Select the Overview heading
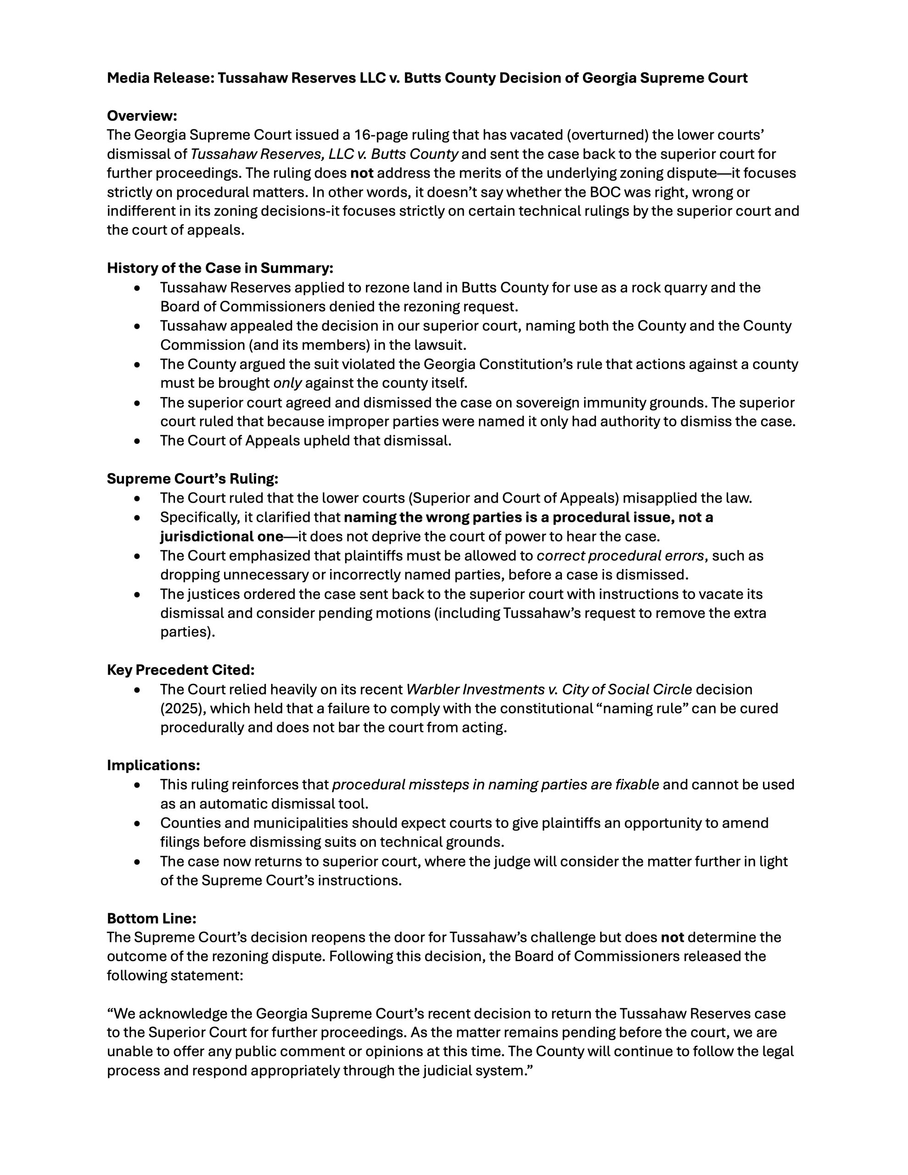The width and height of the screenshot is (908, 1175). (x=141, y=116)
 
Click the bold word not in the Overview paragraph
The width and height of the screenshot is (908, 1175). (x=362, y=173)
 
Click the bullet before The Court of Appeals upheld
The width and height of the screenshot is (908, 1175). (x=138, y=441)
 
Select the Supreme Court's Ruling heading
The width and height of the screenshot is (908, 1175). (x=192, y=478)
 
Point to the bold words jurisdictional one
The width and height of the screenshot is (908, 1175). (x=222, y=537)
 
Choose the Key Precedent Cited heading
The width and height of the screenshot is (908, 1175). (x=180, y=670)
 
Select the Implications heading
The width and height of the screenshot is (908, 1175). (x=153, y=765)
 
